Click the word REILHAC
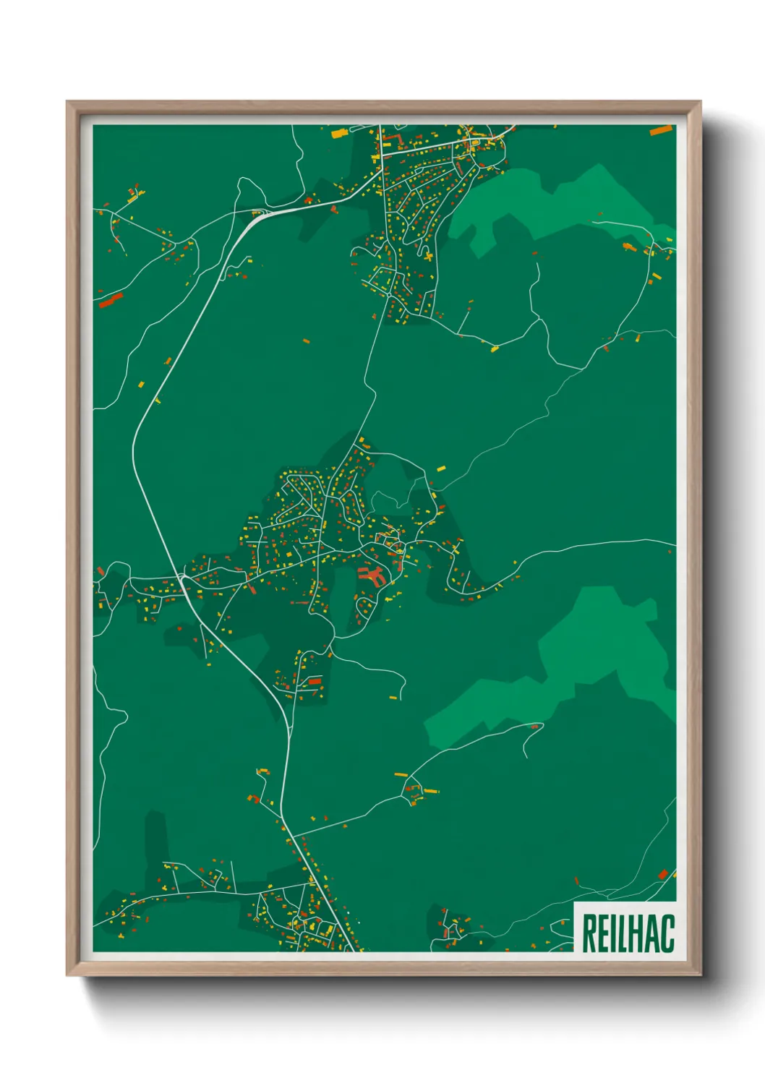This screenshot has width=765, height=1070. coord(628,933)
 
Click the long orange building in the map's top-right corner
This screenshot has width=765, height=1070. coord(661,131)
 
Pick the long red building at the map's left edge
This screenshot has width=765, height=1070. coord(111,300)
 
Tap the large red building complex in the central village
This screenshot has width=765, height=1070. coord(372,575)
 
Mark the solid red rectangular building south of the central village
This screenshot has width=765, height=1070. coord(314,681)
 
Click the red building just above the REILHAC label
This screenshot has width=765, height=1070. coord(663,875)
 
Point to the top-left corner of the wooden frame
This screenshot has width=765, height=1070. coord(68,103)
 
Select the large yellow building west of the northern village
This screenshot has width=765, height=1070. coord(338,133)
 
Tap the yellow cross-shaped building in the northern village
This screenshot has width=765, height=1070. coord(428,255)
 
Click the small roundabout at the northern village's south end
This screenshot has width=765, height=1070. coord(389,295)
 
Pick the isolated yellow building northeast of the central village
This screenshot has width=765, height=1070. coord(441,468)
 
